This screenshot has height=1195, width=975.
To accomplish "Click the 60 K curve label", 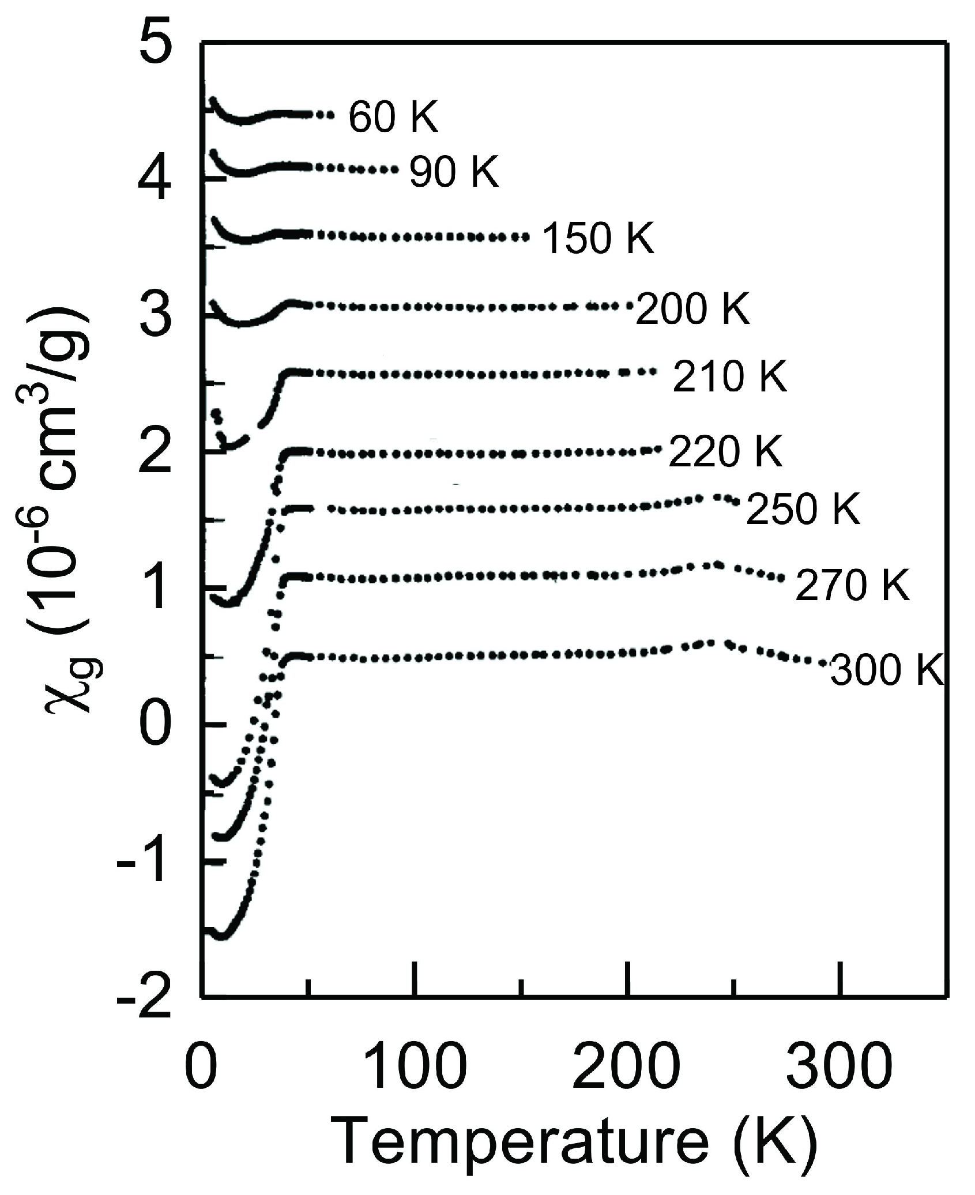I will point(393,118).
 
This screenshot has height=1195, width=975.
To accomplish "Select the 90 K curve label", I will point(454,172).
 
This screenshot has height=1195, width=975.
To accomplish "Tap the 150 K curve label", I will point(598,239).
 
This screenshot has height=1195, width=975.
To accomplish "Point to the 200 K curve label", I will point(692,310).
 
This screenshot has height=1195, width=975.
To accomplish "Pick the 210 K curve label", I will point(729,378).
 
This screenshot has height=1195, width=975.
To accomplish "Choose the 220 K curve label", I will point(725,451).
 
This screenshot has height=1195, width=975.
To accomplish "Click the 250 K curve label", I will point(803,510).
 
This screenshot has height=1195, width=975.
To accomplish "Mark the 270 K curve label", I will point(852,586).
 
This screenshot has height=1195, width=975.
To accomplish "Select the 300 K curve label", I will point(887,671).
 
